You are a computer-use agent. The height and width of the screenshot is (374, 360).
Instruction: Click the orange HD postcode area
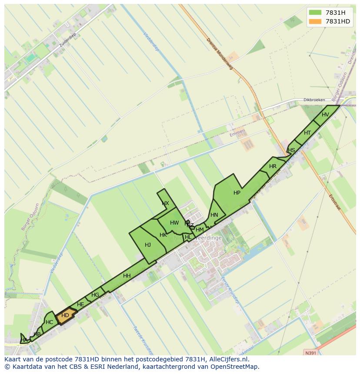tap(66, 316)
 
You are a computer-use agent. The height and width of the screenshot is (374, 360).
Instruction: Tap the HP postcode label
tap(237, 193)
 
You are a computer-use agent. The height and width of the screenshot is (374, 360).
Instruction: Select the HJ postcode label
tap(148, 245)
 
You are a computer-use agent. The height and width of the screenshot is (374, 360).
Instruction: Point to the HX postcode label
tap(165, 203)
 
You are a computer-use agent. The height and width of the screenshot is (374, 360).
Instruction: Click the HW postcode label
tap(174, 223)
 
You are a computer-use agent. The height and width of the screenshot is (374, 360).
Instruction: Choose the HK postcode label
tap(163, 235)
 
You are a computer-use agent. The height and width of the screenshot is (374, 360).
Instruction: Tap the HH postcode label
tap(127, 276)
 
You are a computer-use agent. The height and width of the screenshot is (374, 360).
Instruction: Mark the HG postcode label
tap(95, 295)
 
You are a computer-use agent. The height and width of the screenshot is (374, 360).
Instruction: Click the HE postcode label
tap(80, 305)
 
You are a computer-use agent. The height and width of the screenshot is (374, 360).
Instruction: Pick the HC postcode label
tap(49, 322)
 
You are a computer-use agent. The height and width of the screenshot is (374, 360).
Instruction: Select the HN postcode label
tap(214, 215)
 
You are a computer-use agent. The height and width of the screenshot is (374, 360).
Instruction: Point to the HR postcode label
tap(273, 166)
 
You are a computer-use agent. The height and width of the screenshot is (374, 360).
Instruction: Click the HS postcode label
tap(291, 150)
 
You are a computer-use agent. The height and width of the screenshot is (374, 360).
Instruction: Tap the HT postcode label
tap(307, 133)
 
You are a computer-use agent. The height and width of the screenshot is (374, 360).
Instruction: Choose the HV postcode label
tap(325, 115)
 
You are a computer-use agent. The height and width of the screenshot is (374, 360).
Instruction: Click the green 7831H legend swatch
tap(315, 13)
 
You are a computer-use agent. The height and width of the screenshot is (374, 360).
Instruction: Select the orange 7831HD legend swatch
tap(315, 21)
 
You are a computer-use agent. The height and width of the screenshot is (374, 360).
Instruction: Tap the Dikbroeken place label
tap(314, 100)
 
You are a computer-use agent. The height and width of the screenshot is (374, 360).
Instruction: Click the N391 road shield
tap(310, 353)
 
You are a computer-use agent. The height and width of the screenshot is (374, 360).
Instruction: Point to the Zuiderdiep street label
tap(69, 44)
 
